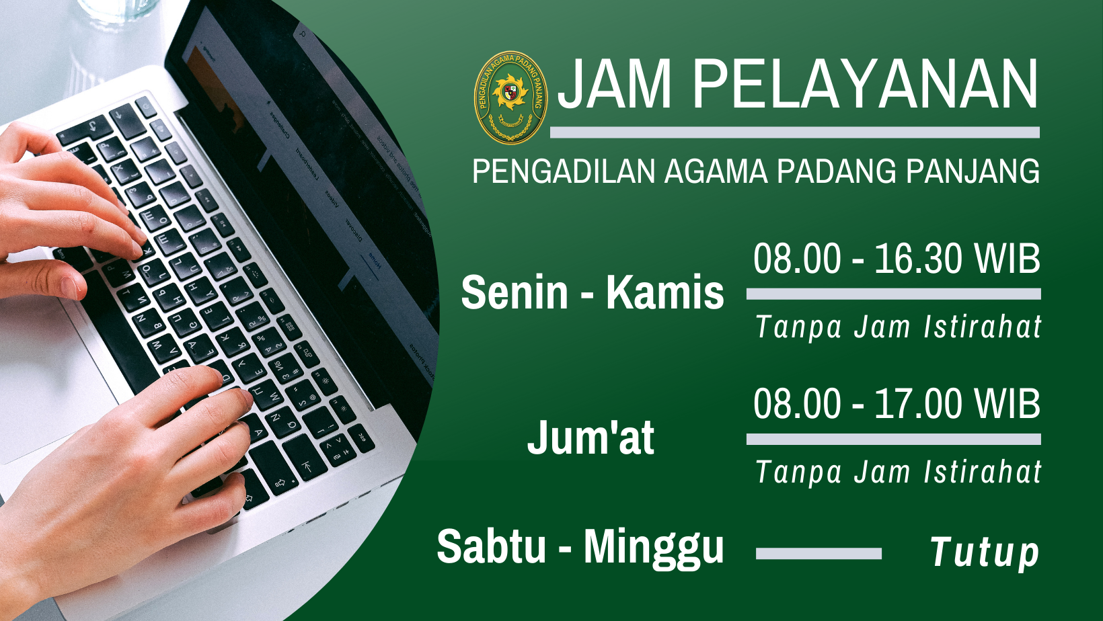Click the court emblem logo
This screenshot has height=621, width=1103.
[510, 97]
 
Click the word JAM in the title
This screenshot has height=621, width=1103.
[615, 84]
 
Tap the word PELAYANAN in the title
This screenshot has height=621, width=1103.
[866, 84]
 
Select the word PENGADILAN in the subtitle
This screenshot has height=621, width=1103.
[564, 171]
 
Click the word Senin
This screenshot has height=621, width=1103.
[515, 292]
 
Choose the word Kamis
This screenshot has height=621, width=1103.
[664, 292]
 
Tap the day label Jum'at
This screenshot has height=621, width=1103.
[591, 437]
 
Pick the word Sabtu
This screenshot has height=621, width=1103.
[492, 546]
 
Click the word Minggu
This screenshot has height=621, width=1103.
[654, 549]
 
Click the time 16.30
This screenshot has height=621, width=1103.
[918, 259]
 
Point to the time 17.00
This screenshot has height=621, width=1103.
[918, 404]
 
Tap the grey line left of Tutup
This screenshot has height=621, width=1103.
[819, 554]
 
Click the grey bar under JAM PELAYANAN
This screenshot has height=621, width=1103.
[795, 132]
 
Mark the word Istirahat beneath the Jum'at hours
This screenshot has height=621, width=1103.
[983, 472]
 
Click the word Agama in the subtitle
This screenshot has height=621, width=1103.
[716, 171]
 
